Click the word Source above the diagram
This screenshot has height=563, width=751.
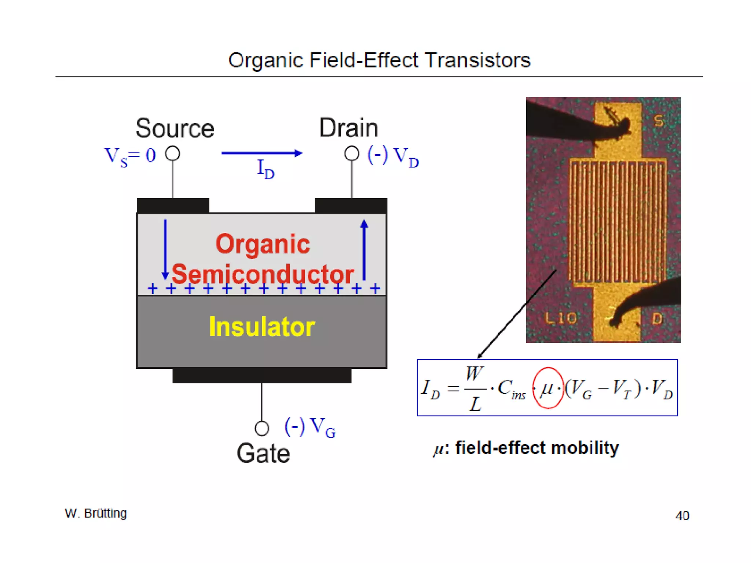click(175, 128)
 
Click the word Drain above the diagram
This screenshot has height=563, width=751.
click(348, 128)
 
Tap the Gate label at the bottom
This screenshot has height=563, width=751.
click(263, 454)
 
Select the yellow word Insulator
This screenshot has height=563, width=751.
click(262, 327)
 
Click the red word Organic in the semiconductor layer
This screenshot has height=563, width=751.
click(263, 244)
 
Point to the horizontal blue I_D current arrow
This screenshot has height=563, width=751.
click(261, 153)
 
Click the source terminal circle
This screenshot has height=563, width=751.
click(172, 154)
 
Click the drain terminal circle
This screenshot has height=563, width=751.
click(352, 154)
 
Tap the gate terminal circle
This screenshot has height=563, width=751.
click(262, 428)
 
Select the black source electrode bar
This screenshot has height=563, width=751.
click(173, 206)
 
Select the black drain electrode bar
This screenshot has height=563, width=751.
click(351, 206)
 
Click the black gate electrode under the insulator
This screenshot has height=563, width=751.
click(262, 376)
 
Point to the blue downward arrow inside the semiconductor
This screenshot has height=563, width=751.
click(165, 249)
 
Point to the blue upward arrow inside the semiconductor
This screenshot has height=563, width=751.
click(364, 249)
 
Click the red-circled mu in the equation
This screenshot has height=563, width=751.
click(547, 388)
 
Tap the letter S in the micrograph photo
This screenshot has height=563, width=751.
click(659, 121)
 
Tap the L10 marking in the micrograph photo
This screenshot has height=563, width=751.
click(561, 318)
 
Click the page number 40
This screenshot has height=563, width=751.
click(682, 516)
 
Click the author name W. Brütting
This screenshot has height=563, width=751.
click(96, 513)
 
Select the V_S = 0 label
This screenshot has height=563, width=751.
click(130, 156)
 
